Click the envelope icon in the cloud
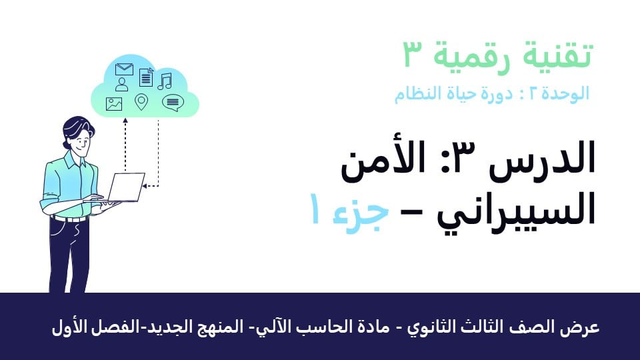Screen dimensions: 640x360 (124, 69)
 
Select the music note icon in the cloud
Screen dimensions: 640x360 (165, 81)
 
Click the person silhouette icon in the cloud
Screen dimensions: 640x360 (121, 84)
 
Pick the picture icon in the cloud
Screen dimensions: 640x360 (114, 104)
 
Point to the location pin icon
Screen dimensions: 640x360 (141, 102)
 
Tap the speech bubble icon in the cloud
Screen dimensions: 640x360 (173, 103)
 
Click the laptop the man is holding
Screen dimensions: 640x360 (125, 187)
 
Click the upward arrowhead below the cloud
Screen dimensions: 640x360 (125, 121)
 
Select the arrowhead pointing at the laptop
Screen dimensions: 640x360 (144, 186)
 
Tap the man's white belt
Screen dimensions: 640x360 (69, 219)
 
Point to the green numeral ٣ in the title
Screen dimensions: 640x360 (414, 54)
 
